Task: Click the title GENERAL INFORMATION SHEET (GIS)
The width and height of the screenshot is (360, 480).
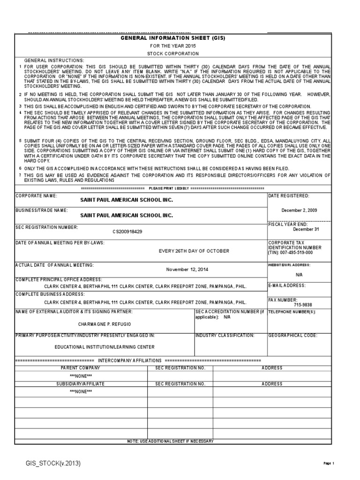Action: point(173,38)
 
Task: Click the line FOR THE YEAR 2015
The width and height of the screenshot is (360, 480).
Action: point(173,46)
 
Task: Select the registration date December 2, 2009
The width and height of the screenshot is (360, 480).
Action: point(299,210)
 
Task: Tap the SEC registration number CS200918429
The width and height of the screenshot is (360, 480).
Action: point(127,232)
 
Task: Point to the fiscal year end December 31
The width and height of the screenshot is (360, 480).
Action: point(306,229)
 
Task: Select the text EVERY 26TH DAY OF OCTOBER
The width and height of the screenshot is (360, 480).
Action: point(194,251)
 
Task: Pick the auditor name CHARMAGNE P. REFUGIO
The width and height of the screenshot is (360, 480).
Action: point(104,324)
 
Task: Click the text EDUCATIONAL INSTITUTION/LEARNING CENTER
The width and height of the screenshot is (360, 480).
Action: point(105,347)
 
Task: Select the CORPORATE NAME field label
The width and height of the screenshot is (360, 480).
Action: point(37,195)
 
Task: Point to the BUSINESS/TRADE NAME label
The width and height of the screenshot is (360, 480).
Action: point(42,210)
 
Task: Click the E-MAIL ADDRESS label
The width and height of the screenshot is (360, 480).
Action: point(287,285)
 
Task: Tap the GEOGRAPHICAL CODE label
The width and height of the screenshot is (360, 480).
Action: point(292,336)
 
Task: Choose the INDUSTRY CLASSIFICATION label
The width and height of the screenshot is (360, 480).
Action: point(225,336)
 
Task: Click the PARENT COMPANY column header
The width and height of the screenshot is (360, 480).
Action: point(81,368)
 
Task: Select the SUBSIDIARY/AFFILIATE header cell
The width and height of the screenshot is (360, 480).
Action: point(81,383)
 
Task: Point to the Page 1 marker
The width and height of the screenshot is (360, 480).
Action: point(329,464)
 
